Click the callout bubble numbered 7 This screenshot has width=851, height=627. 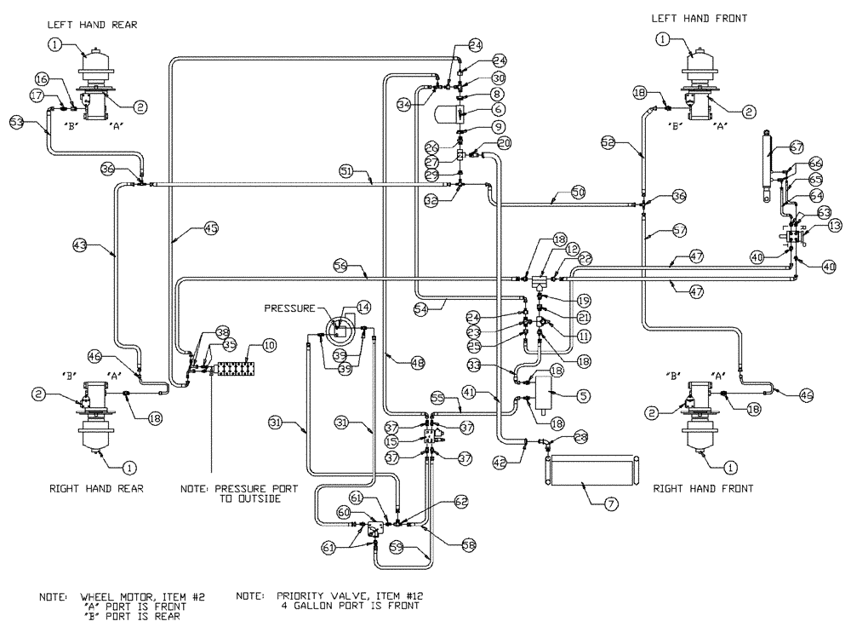(610, 503)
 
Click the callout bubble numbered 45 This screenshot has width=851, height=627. (211, 227)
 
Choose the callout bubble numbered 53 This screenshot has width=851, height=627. (16, 122)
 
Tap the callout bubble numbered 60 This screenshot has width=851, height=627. (345, 513)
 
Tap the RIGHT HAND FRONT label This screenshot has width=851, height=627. (697, 490)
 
